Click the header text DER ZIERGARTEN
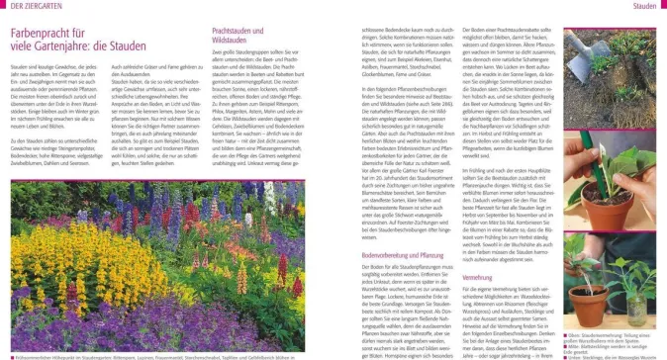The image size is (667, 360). [x=29, y=6]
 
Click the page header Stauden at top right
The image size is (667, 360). [x=644, y=6]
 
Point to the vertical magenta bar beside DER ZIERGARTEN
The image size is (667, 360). [x=1, y=6]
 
